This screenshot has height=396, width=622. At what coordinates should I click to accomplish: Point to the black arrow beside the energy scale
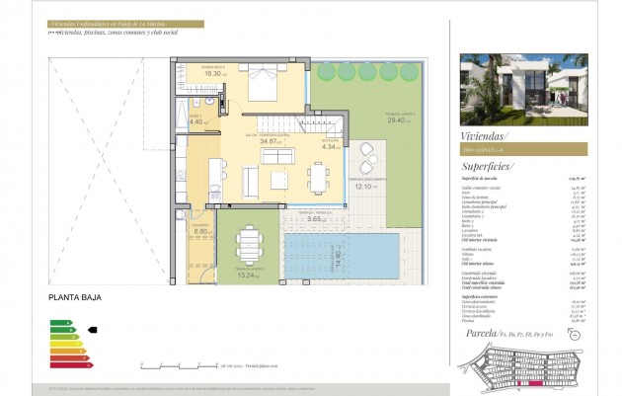pos(94,330)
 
